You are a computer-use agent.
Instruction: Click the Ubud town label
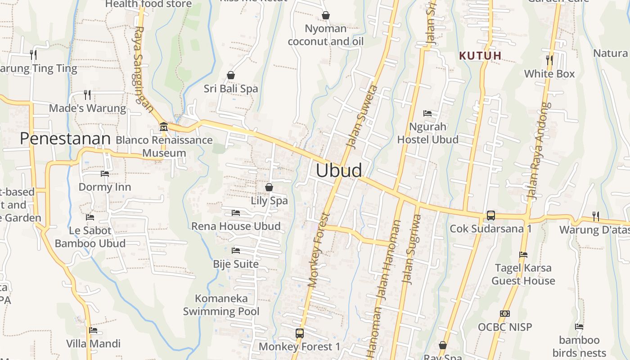click(339, 171)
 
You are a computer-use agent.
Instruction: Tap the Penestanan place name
click(65, 139)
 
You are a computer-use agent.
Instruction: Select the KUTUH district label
click(480, 56)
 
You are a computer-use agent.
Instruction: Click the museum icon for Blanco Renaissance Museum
click(163, 126)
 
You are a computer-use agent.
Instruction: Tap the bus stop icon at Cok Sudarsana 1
click(490, 216)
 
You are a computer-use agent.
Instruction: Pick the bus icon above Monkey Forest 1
click(299, 333)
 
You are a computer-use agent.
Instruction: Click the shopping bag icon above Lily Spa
click(269, 187)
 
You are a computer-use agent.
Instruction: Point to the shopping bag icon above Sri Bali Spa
click(231, 75)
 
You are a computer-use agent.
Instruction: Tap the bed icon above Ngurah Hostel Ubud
click(427, 113)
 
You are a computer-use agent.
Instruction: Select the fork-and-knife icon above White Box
click(549, 60)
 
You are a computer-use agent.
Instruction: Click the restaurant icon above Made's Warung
click(87, 95)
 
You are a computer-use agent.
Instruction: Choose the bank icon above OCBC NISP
click(504, 314)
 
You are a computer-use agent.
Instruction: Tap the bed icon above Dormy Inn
click(105, 174)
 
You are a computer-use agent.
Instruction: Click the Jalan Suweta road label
click(363, 115)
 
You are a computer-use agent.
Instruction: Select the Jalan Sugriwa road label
click(412, 249)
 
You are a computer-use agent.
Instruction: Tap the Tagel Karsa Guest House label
click(523, 274)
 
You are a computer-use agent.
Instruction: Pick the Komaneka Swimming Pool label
click(221, 305)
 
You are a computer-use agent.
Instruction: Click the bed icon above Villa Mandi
click(93, 330)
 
